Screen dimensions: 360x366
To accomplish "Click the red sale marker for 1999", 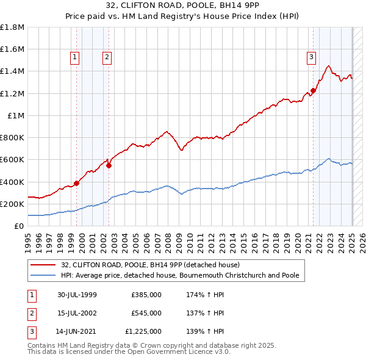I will click(77, 183).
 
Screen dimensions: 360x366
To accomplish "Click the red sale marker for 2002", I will click(109, 165).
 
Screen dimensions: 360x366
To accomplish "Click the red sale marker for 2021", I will click(313, 90).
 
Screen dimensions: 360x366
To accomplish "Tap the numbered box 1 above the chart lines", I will click(74, 57).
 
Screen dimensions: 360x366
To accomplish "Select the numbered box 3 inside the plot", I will click(310, 57).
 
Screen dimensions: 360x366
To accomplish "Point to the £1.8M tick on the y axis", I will click(12, 27).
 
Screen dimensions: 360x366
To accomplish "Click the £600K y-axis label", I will click(12, 160).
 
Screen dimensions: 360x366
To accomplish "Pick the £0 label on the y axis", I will click(20, 226).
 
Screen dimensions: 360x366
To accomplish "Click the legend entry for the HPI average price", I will click(180, 275).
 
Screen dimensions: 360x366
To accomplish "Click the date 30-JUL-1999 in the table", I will click(77, 295).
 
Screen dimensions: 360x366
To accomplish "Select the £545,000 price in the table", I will click(146, 313).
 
